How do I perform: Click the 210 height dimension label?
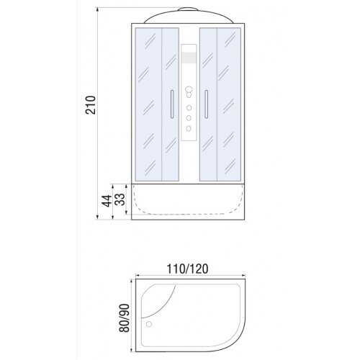[x=91, y=105]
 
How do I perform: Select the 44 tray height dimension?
[x=107, y=201]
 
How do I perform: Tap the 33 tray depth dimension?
[x=120, y=199]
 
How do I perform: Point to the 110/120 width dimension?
[x=187, y=269]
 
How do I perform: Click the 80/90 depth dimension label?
[x=125, y=318]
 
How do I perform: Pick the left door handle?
[x=172, y=104]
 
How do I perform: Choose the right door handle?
[x=206, y=104]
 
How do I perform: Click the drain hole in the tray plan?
[x=149, y=325]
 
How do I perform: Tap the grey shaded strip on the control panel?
[x=189, y=58]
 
